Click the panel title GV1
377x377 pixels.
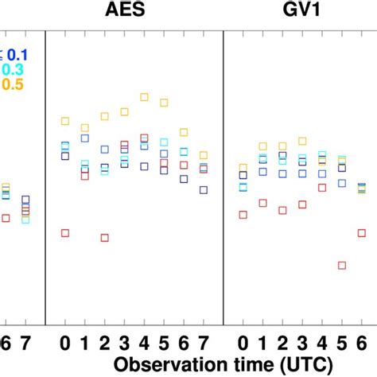[301, 11]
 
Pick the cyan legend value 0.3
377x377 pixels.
[17, 69]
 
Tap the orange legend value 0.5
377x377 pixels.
[17, 84]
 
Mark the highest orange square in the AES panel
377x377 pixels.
[144, 97]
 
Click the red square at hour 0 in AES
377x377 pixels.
[65, 233]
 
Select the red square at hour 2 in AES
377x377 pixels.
[104, 238]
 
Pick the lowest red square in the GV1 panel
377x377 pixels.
[341, 266]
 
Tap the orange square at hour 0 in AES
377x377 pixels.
[65, 122]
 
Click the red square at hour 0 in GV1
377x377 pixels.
[243, 214]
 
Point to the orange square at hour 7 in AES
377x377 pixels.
[204, 156]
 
